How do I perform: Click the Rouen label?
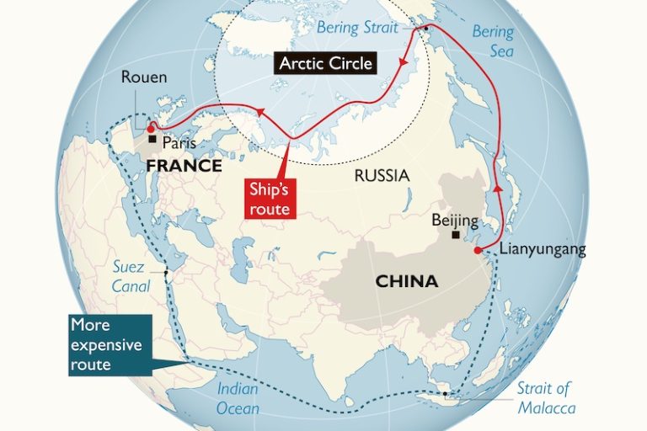click(144, 77)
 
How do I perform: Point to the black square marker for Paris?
click(153, 140)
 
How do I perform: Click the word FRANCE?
click(184, 166)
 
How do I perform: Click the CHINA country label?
click(406, 281)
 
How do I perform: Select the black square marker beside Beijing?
click(456, 236)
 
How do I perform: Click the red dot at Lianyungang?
click(478, 250)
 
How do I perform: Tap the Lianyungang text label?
click(542, 249)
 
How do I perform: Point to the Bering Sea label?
click(492, 41)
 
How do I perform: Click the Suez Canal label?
click(131, 277)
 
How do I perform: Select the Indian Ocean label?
click(238, 397)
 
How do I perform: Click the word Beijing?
click(454, 221)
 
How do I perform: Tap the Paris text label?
click(179, 142)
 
